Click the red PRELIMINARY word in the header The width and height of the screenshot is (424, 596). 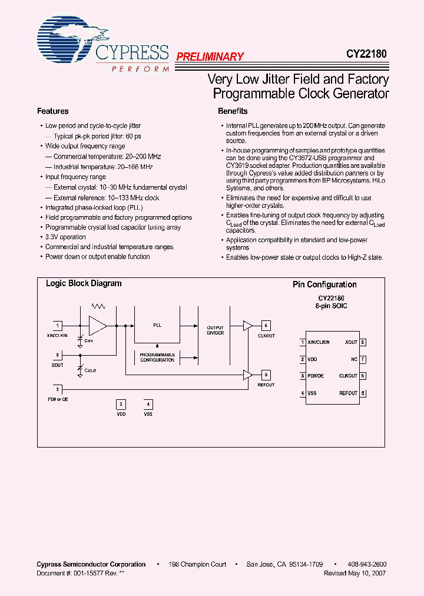click(210, 57)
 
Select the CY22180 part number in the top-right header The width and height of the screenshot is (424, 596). click(366, 54)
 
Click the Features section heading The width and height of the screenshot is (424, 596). click(53, 111)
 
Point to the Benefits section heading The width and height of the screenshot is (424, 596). click(233, 111)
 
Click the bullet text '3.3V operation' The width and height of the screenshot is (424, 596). click(65, 237)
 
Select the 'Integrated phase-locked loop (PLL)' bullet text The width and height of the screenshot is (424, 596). click(94, 208)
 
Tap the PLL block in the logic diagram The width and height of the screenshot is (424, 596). click(157, 325)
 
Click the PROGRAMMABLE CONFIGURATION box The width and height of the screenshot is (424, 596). click(157, 357)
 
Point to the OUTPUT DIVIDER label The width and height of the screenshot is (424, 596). click(216, 330)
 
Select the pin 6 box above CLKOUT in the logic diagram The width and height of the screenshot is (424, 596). click(266, 326)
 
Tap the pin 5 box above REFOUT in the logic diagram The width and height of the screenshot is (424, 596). click(266, 374)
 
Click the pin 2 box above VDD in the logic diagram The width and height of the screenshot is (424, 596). click(121, 404)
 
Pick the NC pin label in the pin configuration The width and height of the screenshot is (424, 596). click(354, 359)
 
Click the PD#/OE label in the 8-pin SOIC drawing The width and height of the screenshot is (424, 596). click(316, 376)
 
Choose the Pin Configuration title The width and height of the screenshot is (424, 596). click(324, 284)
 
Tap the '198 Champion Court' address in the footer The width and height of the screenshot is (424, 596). click(197, 564)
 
